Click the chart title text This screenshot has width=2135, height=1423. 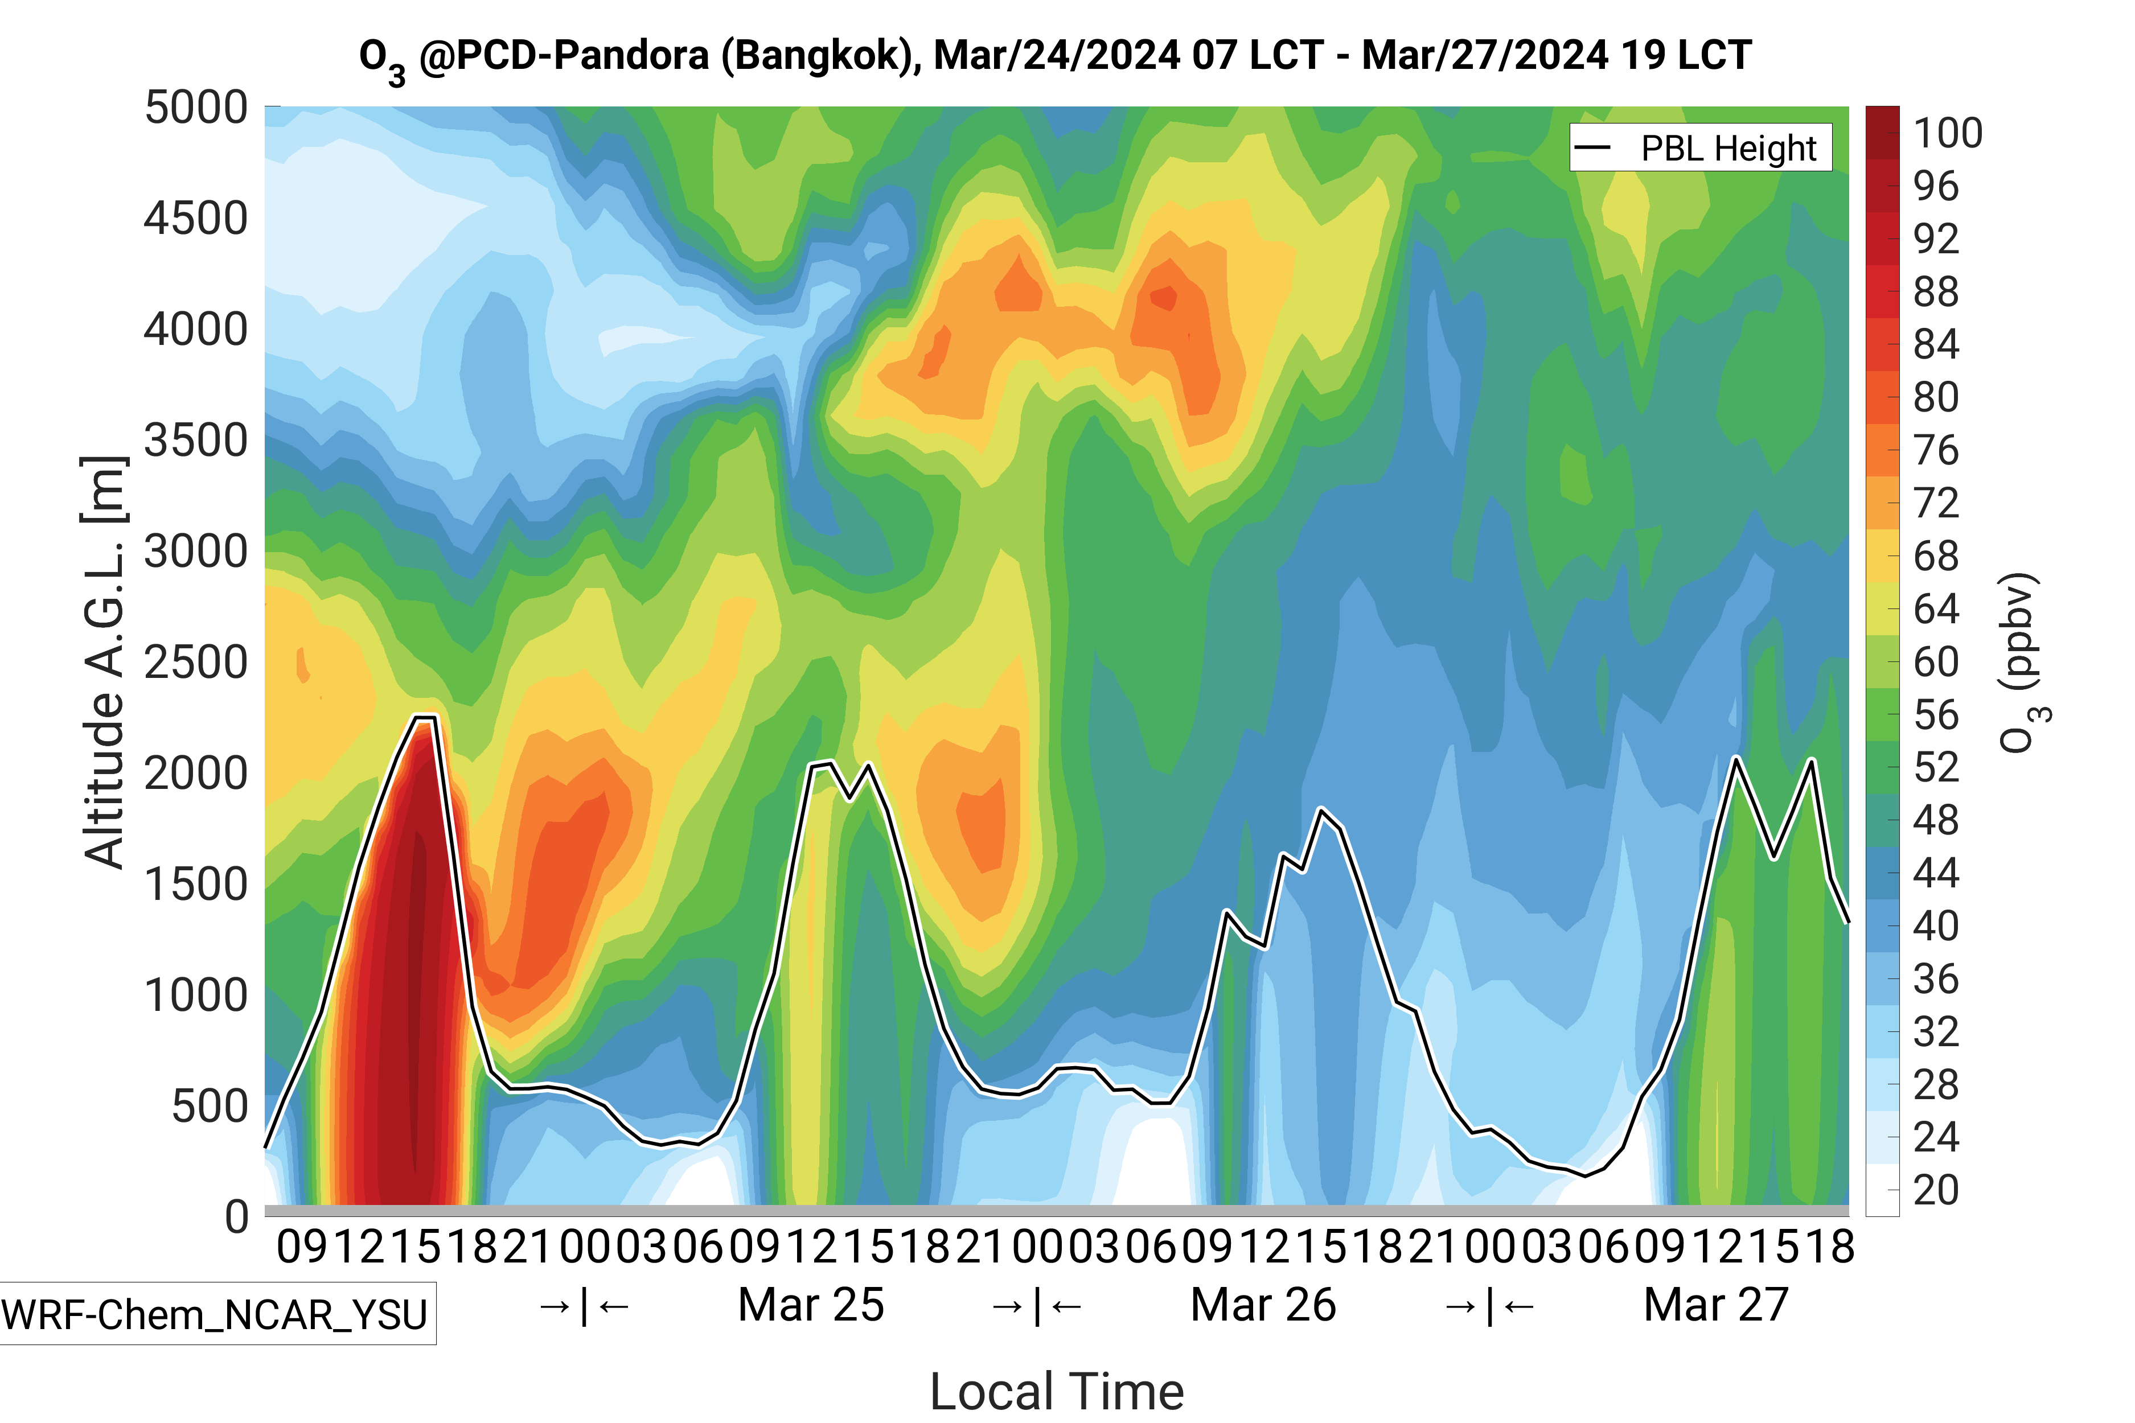[x=1055, y=56]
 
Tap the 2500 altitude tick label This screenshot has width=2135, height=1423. [x=195, y=663]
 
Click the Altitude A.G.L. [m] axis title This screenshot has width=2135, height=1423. [x=104, y=663]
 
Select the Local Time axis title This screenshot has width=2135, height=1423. [x=1057, y=1391]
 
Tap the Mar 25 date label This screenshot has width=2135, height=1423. [x=811, y=1305]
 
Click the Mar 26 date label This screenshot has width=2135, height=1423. [x=1263, y=1305]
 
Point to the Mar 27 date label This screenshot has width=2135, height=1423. [x=1715, y=1305]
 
